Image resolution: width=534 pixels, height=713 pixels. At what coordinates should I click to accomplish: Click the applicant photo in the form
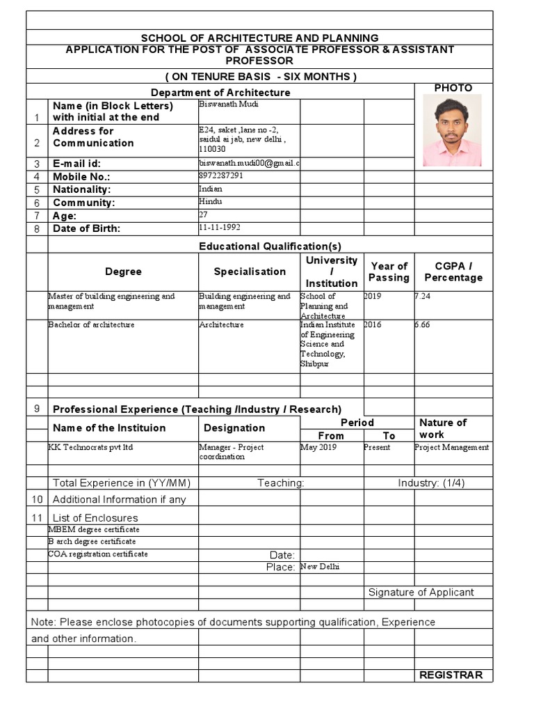coord(452,130)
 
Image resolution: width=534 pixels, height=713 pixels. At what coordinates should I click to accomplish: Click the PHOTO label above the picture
coord(453,88)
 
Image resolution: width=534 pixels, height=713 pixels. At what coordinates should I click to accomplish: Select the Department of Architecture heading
coord(220,92)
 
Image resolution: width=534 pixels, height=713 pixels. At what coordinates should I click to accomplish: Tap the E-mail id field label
coord(77,164)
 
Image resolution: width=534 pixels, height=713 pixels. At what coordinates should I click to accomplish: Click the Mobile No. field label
coord(81,177)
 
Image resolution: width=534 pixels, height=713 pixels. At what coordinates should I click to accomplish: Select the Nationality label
coord(82,189)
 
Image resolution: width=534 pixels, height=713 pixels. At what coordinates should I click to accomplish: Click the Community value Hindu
coord(210,201)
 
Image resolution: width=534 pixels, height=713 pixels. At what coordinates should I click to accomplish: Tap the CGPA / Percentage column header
coord(453,272)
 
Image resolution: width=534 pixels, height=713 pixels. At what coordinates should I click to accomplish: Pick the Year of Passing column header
coord(389,272)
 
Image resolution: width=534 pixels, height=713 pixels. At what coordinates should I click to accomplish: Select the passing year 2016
coord(373,324)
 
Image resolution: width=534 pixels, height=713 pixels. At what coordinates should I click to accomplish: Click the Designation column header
coord(234,428)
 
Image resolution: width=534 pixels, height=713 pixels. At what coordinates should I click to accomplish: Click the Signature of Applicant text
coord(421,592)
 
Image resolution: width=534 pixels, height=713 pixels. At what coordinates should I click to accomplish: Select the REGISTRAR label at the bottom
coord(451,675)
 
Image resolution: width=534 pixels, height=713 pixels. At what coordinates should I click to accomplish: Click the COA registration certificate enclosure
coord(98,554)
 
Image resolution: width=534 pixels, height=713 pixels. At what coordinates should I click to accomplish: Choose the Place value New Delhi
coord(320,567)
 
